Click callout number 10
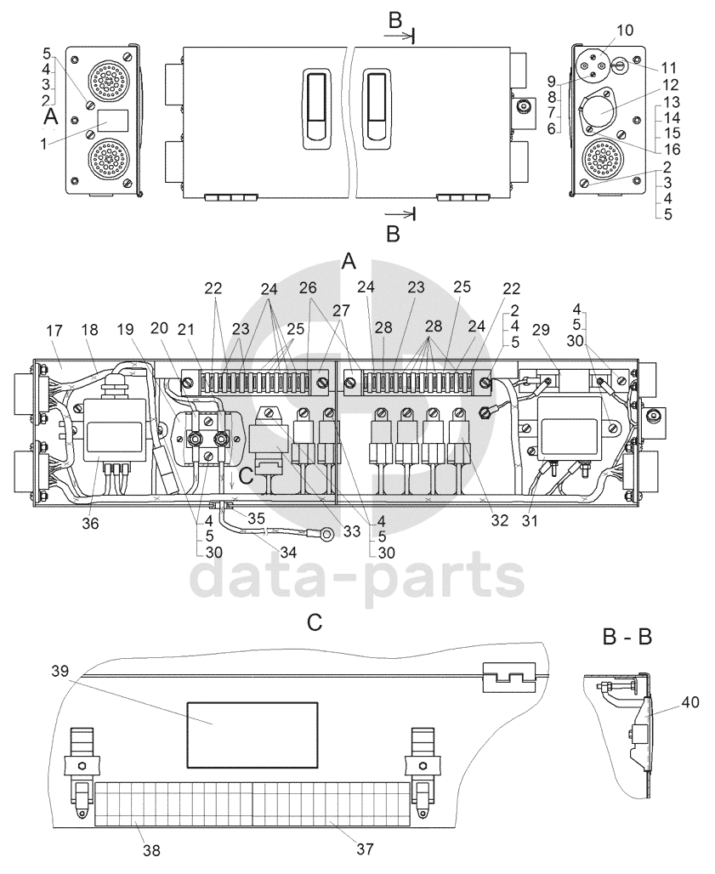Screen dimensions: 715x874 [x=625, y=30]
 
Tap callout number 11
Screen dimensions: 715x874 [x=668, y=68]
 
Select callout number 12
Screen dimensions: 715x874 [x=671, y=85]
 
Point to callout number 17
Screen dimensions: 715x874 [x=54, y=331]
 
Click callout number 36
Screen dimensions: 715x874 [x=90, y=523]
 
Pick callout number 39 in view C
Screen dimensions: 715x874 [x=60, y=671]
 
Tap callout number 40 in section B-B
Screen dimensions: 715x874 [x=690, y=703]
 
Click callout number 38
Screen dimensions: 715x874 [x=151, y=850]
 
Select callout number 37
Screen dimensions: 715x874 [x=365, y=848]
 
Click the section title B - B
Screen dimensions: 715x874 [x=627, y=636]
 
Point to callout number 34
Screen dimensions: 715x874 [x=288, y=553]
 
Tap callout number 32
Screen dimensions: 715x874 [x=500, y=519]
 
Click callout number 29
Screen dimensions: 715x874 [x=540, y=330]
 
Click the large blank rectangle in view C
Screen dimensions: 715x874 [x=253, y=734]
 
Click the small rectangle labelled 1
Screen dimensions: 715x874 [x=113, y=121]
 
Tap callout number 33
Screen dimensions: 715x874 [x=352, y=531]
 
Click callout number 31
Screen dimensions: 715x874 [x=530, y=520]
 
